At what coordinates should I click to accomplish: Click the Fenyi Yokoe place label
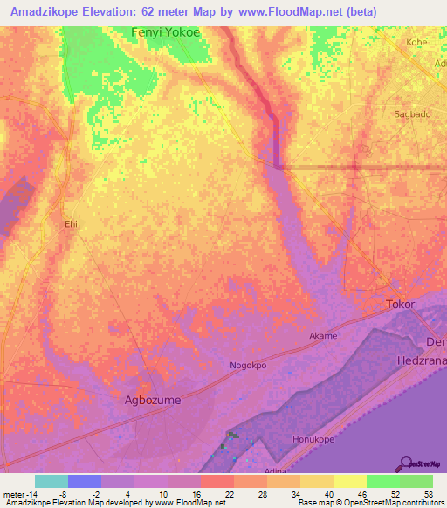pos(165,32)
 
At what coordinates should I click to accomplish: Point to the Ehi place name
pos(72,224)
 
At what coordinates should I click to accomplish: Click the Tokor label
pos(400,305)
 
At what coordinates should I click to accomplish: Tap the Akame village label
pos(322,335)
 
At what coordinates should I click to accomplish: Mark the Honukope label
pos(314,440)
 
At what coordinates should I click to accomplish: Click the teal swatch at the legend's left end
pos(51,481)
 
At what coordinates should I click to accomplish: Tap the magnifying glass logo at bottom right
pos(405,463)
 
